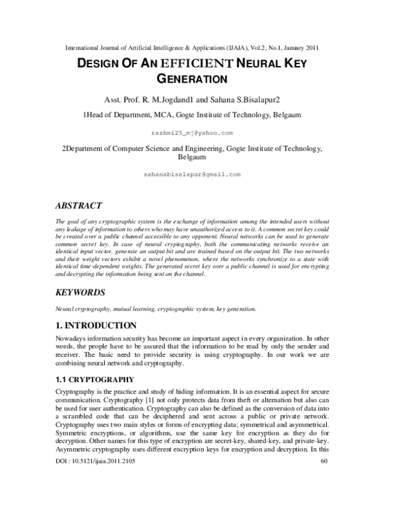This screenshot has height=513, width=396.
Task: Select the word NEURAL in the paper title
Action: tap(258, 63)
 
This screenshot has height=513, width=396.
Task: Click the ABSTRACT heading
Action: tap(79, 206)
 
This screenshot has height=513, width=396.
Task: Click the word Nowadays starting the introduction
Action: tap(75, 338)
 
